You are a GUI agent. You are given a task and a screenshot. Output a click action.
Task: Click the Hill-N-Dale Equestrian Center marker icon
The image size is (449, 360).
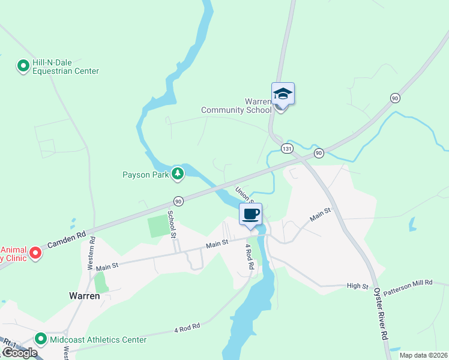click(x=23, y=65)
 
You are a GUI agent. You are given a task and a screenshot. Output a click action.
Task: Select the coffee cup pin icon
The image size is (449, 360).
click(x=251, y=214)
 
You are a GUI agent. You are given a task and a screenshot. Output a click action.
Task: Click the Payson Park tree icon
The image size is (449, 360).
click(x=177, y=174)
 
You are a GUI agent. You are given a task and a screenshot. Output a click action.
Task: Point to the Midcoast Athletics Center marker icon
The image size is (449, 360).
click(x=41, y=340)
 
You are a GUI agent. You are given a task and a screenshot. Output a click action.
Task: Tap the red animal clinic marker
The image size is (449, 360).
click(x=35, y=253)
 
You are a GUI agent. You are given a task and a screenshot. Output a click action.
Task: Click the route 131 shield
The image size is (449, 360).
click(x=288, y=148)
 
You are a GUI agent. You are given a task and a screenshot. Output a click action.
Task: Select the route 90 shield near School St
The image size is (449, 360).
click(x=178, y=201)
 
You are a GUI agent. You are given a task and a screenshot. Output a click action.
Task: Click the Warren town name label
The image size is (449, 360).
click(x=83, y=296)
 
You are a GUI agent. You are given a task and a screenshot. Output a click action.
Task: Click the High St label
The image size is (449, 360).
click(x=357, y=286)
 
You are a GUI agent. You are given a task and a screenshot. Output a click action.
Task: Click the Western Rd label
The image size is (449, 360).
click(x=92, y=252)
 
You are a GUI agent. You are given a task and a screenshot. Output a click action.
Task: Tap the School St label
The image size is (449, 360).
click(x=172, y=224)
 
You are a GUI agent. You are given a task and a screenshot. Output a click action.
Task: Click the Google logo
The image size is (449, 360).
click(x=19, y=353)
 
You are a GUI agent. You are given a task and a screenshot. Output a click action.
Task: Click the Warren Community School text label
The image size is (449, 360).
click(x=235, y=106)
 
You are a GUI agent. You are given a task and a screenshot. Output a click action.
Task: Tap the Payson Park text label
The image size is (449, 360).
click(x=146, y=175)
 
